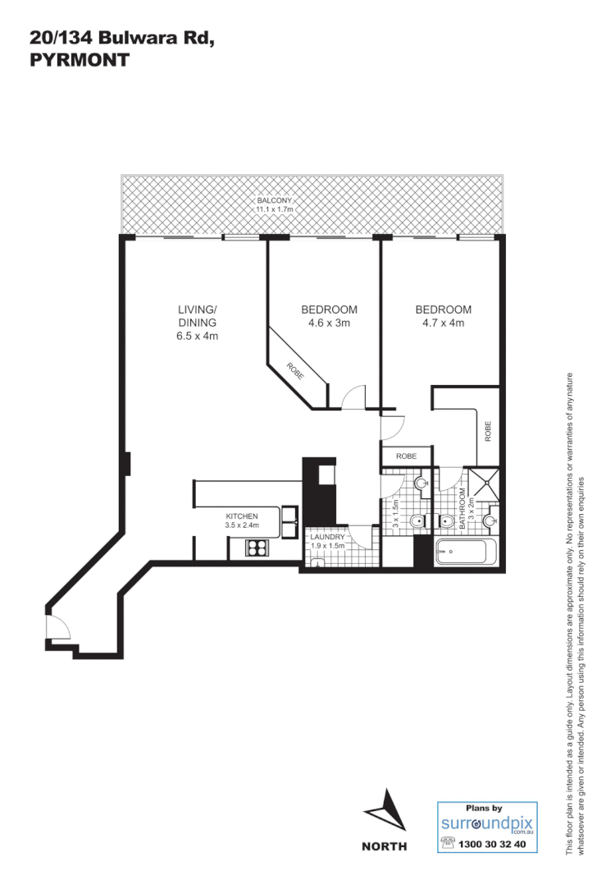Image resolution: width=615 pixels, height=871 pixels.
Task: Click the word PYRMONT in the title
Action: [x=79, y=60]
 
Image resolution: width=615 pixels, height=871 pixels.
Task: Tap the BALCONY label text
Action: [x=273, y=200]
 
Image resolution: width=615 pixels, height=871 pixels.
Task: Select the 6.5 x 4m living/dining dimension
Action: [x=197, y=337]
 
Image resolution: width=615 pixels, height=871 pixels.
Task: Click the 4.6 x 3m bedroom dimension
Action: [x=329, y=323]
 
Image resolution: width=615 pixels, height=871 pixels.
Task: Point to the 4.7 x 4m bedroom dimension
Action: [x=443, y=323]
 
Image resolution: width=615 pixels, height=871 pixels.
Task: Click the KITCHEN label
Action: [x=242, y=516]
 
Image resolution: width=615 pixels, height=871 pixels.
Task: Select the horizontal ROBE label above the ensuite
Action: [x=407, y=456]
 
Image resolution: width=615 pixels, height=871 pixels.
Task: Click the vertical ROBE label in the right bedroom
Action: [x=488, y=431]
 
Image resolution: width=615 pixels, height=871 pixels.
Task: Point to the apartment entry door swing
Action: [x=58, y=627]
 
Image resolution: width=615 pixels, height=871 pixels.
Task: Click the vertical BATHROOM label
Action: [x=462, y=509]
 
